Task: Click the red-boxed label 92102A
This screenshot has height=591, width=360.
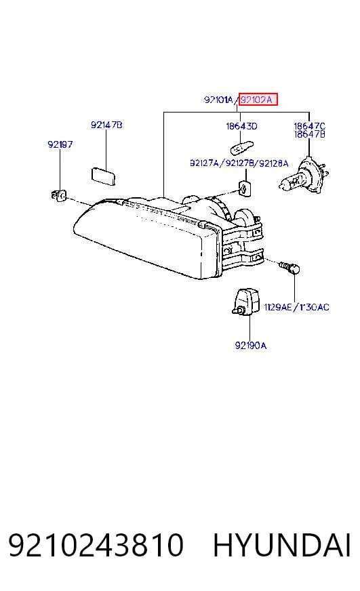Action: (x=256, y=100)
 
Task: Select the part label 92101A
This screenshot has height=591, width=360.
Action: (x=219, y=100)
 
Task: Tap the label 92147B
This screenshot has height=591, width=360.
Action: (x=106, y=125)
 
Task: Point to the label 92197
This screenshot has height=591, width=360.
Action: (x=60, y=144)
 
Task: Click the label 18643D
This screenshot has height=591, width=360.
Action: (x=241, y=126)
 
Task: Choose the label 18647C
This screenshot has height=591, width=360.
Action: (x=309, y=126)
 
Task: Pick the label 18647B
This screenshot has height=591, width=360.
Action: (x=309, y=134)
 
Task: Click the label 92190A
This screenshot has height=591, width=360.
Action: (x=251, y=345)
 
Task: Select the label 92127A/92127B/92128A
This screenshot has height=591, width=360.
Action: (x=239, y=163)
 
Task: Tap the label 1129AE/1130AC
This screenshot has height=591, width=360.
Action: (x=296, y=307)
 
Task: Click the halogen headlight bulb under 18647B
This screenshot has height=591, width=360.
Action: (x=304, y=178)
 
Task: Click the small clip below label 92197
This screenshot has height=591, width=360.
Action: (x=58, y=196)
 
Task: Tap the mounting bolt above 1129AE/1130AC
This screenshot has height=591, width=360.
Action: (x=290, y=267)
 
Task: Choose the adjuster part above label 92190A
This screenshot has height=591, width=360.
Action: (x=246, y=301)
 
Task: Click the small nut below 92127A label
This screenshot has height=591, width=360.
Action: (x=245, y=187)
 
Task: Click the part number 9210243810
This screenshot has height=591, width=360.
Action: (x=96, y=545)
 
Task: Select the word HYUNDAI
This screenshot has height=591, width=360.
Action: (x=282, y=545)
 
